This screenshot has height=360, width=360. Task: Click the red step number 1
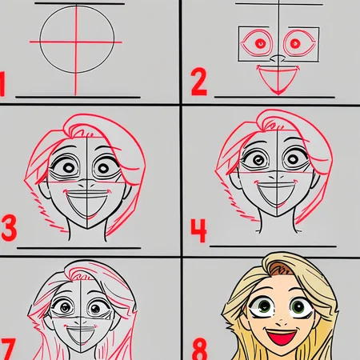click(2, 84)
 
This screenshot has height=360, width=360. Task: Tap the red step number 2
click(199, 82)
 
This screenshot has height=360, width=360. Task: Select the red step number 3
click(9, 228)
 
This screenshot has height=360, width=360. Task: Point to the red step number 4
click(199, 230)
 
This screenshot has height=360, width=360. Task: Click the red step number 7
click(8, 349)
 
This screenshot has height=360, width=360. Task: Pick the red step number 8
click(199, 349)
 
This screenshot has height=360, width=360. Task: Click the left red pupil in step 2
click(260, 43)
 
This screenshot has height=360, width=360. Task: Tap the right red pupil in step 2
click(295, 43)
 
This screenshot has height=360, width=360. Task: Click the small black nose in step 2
click(278, 58)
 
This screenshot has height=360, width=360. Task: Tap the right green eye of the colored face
click(298, 307)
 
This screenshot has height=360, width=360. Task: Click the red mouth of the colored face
click(282, 338)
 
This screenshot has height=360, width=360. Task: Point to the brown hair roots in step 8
click(280, 270)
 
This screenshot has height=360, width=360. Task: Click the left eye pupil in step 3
click(69, 168)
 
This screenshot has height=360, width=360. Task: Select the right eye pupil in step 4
click(294, 159)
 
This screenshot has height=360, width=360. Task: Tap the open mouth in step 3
click(87, 204)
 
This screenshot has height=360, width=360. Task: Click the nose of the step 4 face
click(276, 176)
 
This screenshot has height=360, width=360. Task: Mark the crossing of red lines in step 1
click(76, 42)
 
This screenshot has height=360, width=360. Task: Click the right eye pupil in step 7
click(95, 309)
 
